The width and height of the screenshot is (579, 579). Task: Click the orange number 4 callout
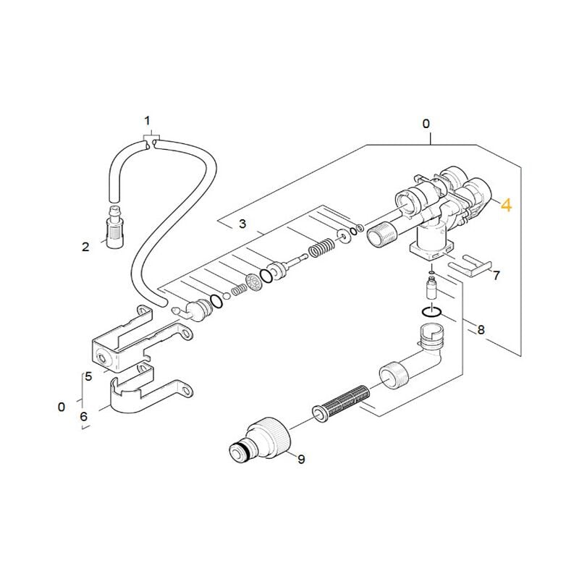[506, 205]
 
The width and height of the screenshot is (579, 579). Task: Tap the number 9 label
[301, 459]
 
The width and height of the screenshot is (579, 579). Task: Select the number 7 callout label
[496, 275]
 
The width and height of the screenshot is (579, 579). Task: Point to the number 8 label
[481, 329]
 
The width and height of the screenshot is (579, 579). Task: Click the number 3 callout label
[242, 224]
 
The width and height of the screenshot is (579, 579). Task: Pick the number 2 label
[85, 247]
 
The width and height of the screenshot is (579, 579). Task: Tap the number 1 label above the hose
[148, 121]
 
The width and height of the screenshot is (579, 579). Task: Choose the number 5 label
[88, 376]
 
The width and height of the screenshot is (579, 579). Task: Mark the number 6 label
[84, 417]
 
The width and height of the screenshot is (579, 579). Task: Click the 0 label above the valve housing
[426, 124]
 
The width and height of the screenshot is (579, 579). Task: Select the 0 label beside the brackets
[62, 407]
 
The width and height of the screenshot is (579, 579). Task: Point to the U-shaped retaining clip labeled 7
[470, 265]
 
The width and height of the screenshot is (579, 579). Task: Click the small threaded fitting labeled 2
[115, 229]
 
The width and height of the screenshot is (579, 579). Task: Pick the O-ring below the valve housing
[431, 312]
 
